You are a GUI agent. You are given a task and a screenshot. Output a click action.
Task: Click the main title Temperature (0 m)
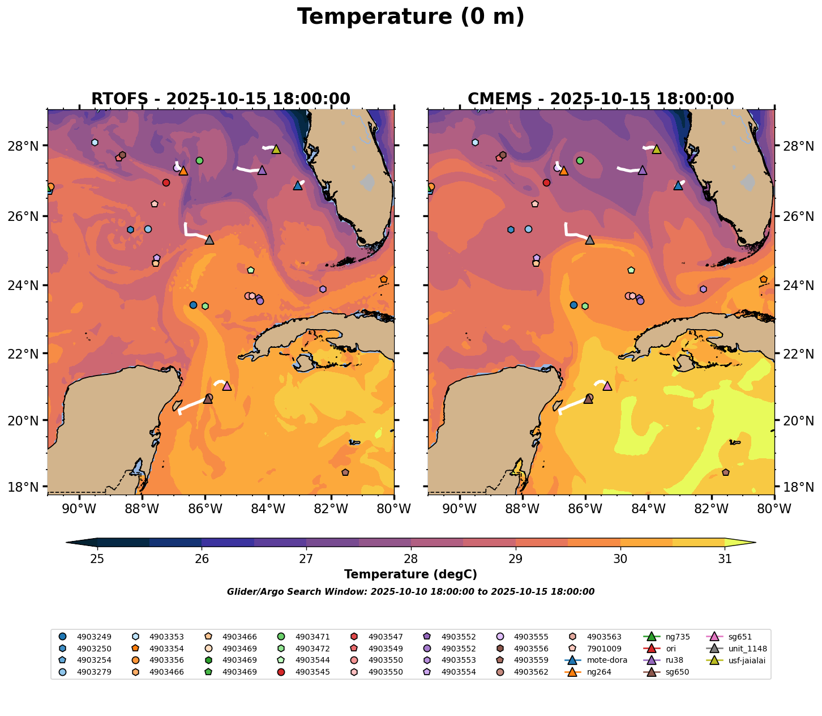click(410, 17)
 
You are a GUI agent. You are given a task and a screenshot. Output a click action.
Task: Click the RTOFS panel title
click(221, 99)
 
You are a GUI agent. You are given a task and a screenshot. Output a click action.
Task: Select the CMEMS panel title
click(601, 99)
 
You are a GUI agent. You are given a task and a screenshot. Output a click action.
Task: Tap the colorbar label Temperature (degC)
click(410, 574)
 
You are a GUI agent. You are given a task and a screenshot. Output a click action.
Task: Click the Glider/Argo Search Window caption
click(410, 592)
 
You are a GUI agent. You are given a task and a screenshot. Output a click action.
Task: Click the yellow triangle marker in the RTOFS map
click(276, 149)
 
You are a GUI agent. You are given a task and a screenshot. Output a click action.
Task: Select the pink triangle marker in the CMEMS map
click(607, 386)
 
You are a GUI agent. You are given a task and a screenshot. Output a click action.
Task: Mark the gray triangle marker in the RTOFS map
click(209, 240)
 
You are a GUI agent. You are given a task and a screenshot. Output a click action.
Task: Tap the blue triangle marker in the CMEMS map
click(678, 185)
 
